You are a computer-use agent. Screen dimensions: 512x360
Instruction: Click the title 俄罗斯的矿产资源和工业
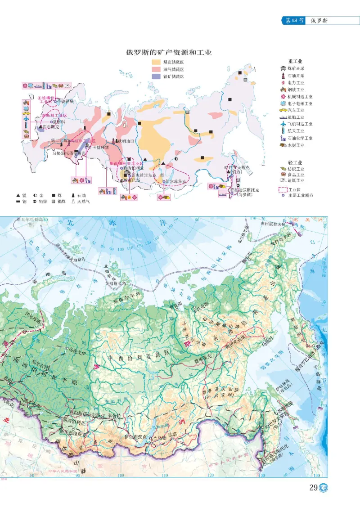169,52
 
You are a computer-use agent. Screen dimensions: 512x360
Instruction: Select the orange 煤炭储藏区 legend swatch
157,62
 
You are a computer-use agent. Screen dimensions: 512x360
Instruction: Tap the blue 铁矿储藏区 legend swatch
157,76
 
